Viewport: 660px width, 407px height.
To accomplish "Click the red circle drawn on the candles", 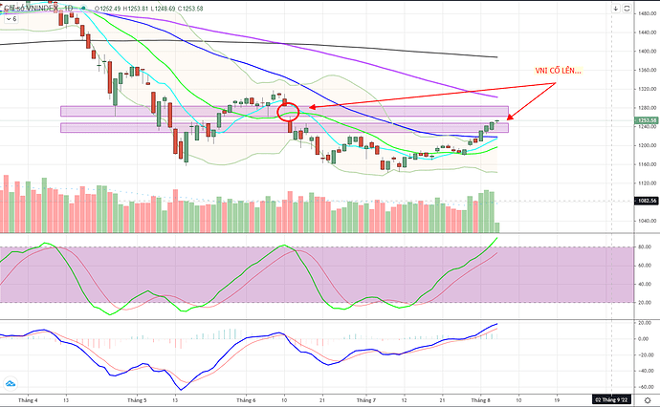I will pos(289,112).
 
